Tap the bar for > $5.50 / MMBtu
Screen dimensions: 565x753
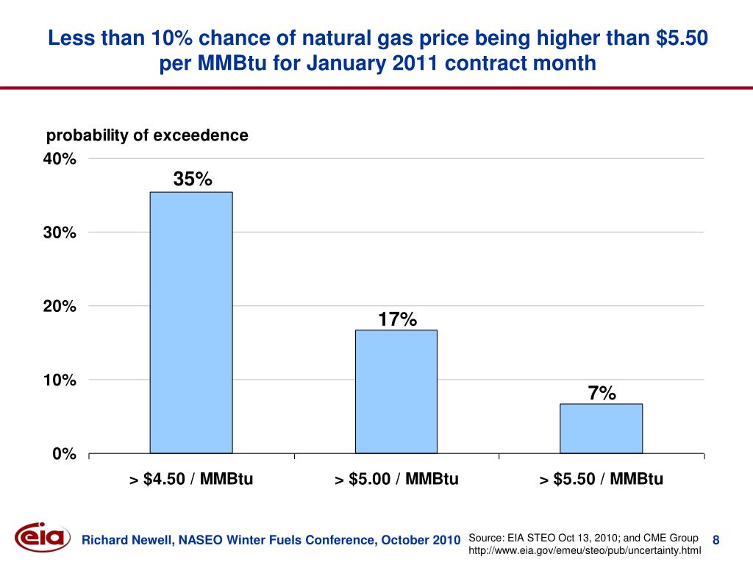tap(601, 428)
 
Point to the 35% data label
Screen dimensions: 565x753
tap(193, 179)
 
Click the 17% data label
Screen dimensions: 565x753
tap(398, 319)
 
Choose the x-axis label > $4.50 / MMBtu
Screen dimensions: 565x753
tap(191, 480)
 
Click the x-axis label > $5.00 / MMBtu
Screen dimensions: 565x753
tap(396, 480)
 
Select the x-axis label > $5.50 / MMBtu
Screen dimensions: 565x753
tap(601, 480)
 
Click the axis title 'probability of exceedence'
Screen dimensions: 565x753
tap(147, 135)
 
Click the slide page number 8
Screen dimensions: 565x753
tap(715, 541)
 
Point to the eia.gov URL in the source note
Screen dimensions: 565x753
tap(585, 550)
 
